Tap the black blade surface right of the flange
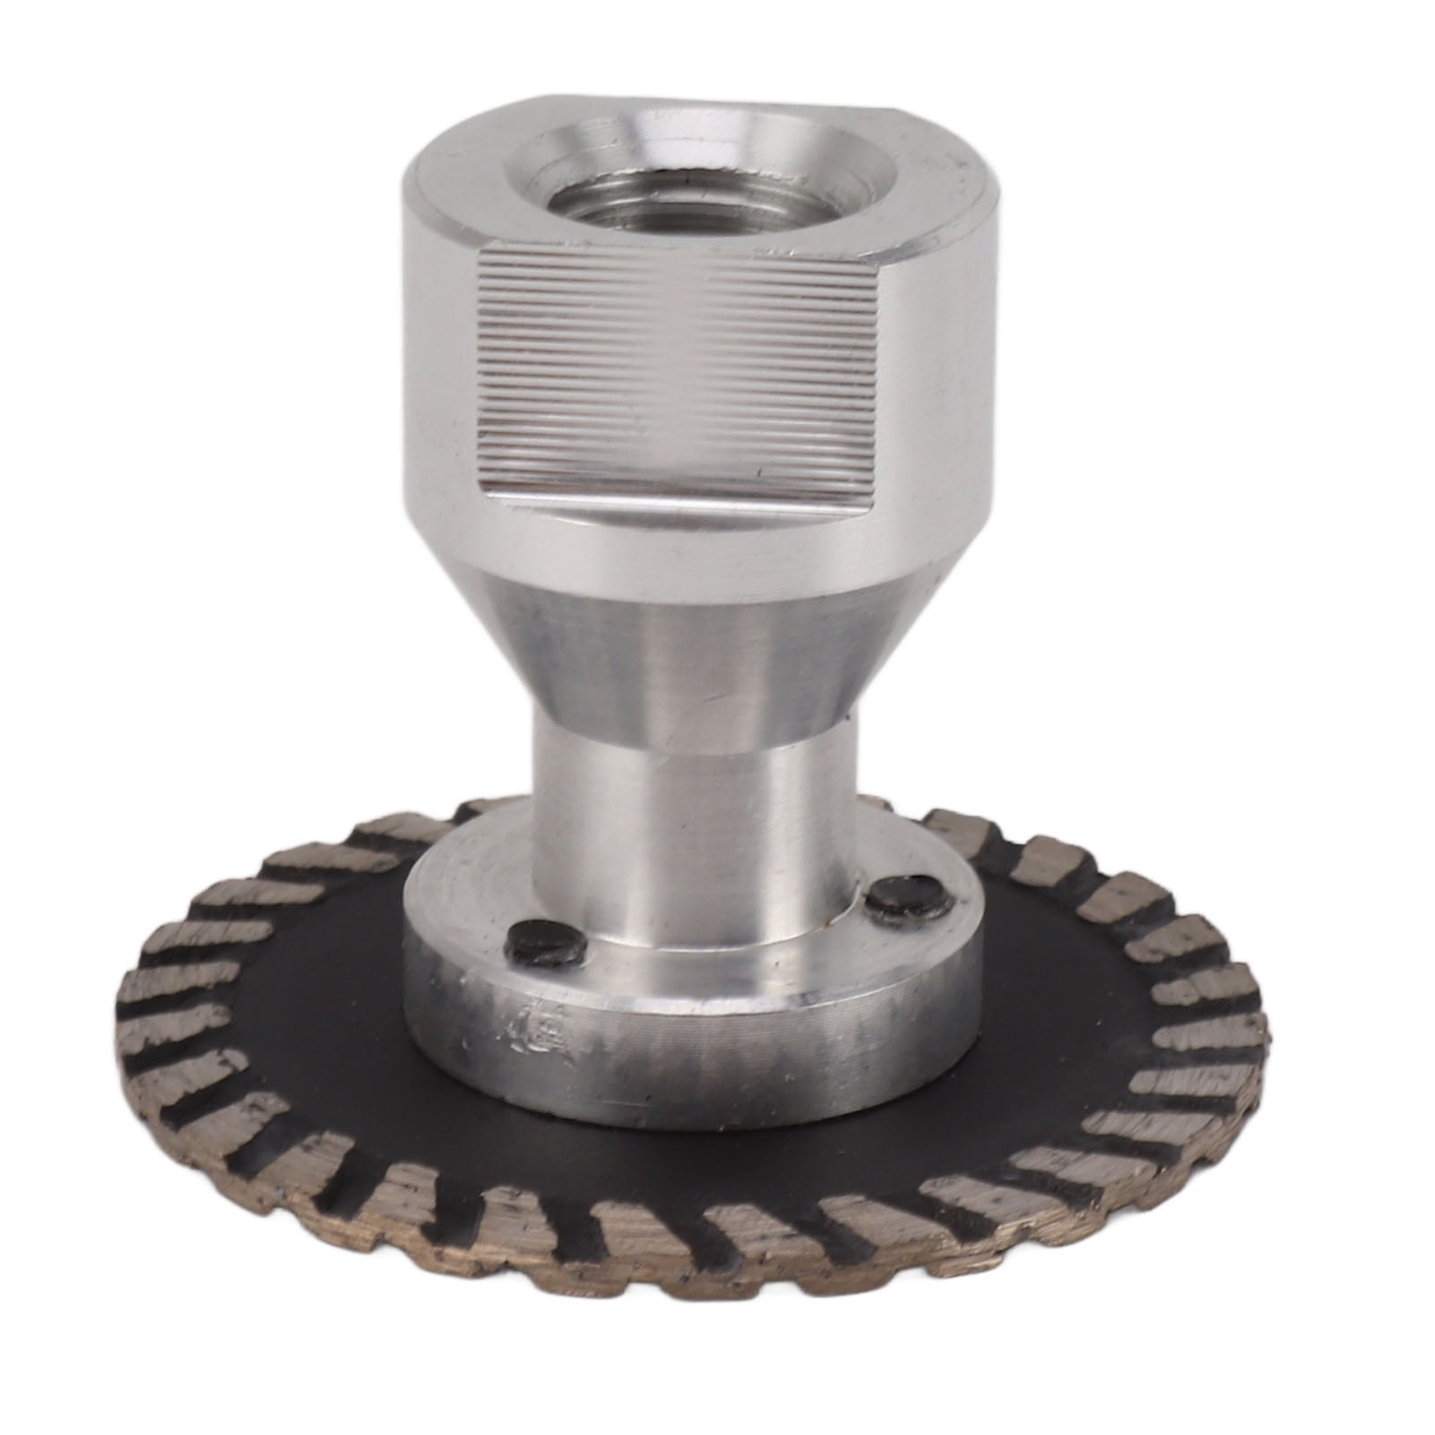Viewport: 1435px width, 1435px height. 1076,986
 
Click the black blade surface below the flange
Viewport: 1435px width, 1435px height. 681,1165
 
